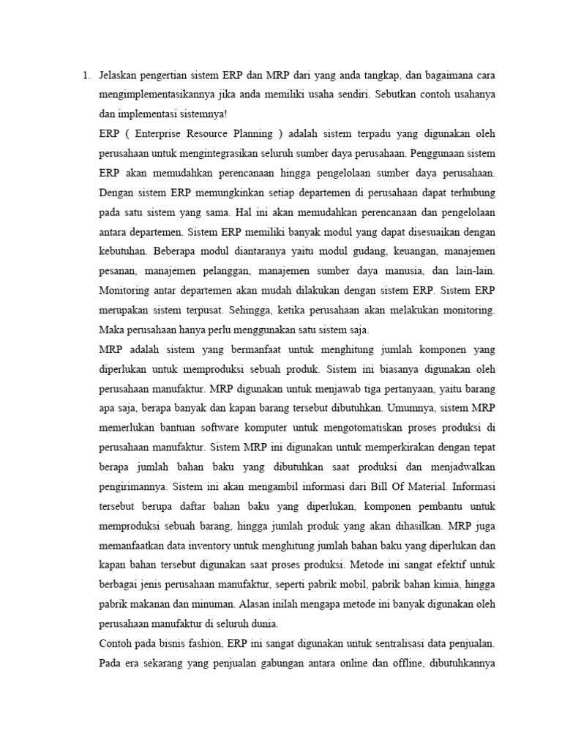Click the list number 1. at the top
pos(85,75)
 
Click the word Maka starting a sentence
pos(111,330)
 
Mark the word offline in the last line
pos(413,664)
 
